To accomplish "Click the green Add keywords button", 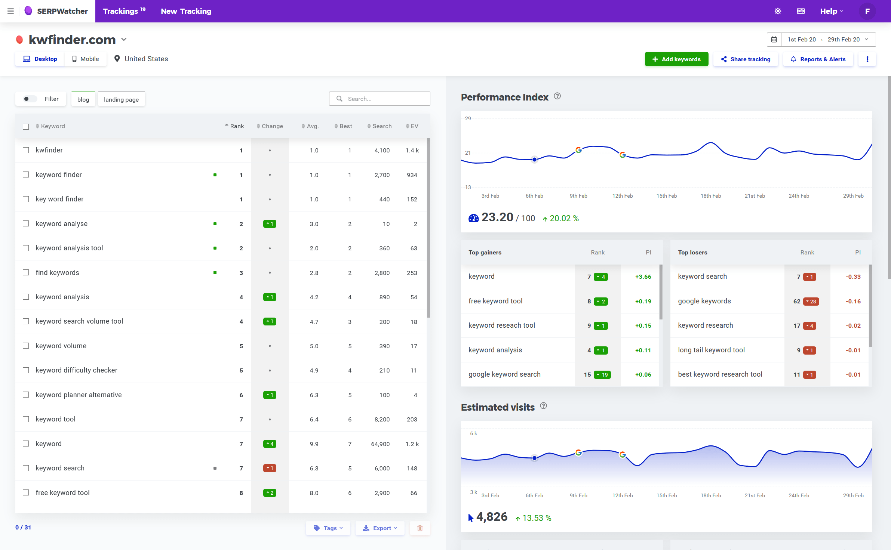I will (x=676, y=59).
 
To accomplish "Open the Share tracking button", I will (x=746, y=59).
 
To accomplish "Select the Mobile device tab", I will (x=86, y=59).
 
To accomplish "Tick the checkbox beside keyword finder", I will (x=26, y=174).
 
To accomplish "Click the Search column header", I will (x=381, y=126).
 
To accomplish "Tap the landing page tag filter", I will (x=121, y=99).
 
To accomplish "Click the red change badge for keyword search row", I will (x=270, y=468).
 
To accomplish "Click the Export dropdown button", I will (x=380, y=528).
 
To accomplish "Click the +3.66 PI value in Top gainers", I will (x=643, y=277).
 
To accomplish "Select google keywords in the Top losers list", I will (x=704, y=301).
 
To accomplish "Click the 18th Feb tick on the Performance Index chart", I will (x=710, y=196).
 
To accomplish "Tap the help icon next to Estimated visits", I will (x=544, y=406).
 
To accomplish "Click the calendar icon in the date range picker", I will (x=774, y=40).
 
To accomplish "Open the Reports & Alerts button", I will (x=818, y=59).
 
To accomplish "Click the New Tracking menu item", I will (x=186, y=11).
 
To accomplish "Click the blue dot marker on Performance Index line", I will (x=534, y=160).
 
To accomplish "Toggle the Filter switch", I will (x=30, y=99).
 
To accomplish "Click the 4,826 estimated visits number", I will (x=492, y=517).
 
